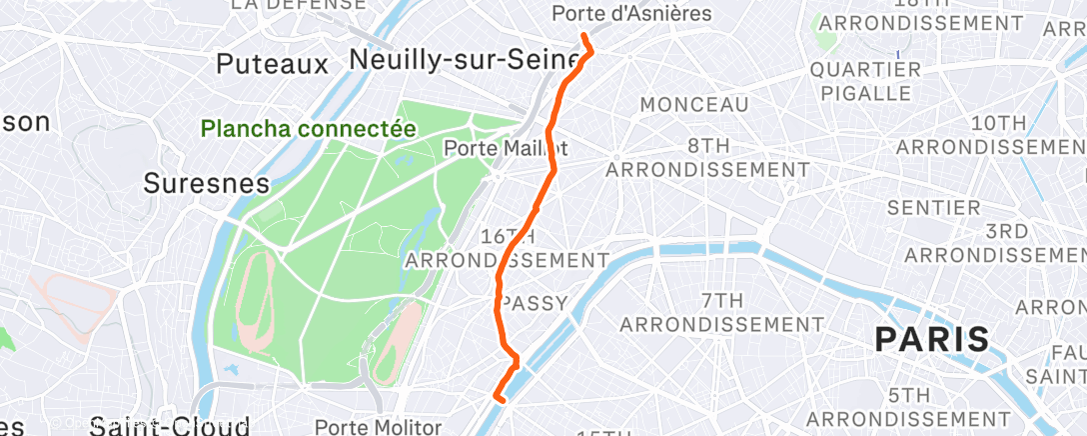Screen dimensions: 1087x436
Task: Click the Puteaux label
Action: click(x=273, y=65)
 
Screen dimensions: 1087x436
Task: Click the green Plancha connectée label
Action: click(x=308, y=129)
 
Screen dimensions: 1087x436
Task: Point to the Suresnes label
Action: click(x=207, y=184)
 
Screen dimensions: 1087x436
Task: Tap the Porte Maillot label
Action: click(x=506, y=149)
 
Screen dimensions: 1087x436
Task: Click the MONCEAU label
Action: click(x=694, y=105)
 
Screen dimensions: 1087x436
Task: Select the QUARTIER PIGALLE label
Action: click(x=866, y=81)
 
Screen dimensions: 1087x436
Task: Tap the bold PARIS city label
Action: click(x=932, y=339)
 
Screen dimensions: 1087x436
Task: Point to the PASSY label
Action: click(x=534, y=303)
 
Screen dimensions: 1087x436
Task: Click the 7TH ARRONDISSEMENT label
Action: click(x=721, y=312)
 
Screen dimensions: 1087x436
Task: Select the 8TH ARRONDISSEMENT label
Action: click(x=707, y=157)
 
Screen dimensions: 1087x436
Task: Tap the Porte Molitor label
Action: click(x=378, y=427)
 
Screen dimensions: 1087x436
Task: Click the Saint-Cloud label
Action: click(x=169, y=427)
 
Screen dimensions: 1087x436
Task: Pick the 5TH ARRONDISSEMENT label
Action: click(x=910, y=405)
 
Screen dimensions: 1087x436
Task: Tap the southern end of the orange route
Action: click(x=497, y=399)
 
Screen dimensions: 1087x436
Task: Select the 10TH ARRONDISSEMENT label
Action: click(x=999, y=134)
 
